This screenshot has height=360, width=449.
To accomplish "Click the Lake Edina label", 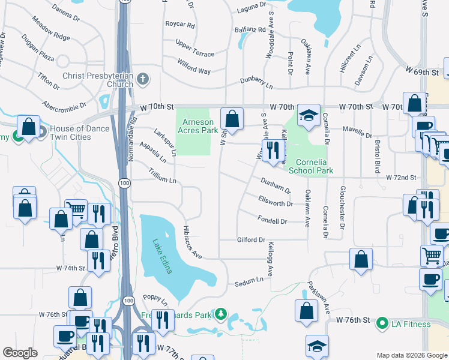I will pyautogui.click(x=162, y=257).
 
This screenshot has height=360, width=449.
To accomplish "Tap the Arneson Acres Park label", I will pyautogui.click(x=197, y=125).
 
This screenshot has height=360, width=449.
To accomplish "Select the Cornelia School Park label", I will pyautogui.click(x=310, y=166).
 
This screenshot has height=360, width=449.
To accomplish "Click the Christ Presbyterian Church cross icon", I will pyautogui.click(x=143, y=79).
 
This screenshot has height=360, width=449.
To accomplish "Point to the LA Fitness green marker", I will pyautogui.click(x=381, y=324).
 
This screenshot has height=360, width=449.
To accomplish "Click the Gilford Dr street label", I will pyautogui.click(x=251, y=240).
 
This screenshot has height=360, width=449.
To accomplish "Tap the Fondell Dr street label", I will pyautogui.click(x=273, y=221).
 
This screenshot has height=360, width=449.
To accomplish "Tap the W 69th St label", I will pyautogui.click(x=422, y=72).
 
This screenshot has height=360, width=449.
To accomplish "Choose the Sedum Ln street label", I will pyautogui.click(x=249, y=281).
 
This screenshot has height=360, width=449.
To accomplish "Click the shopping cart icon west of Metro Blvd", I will pyautogui.click(x=76, y=209).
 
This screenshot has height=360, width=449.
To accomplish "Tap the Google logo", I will pyautogui.click(x=20, y=352).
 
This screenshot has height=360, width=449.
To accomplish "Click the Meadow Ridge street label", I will pyautogui.click(x=52, y=36).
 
